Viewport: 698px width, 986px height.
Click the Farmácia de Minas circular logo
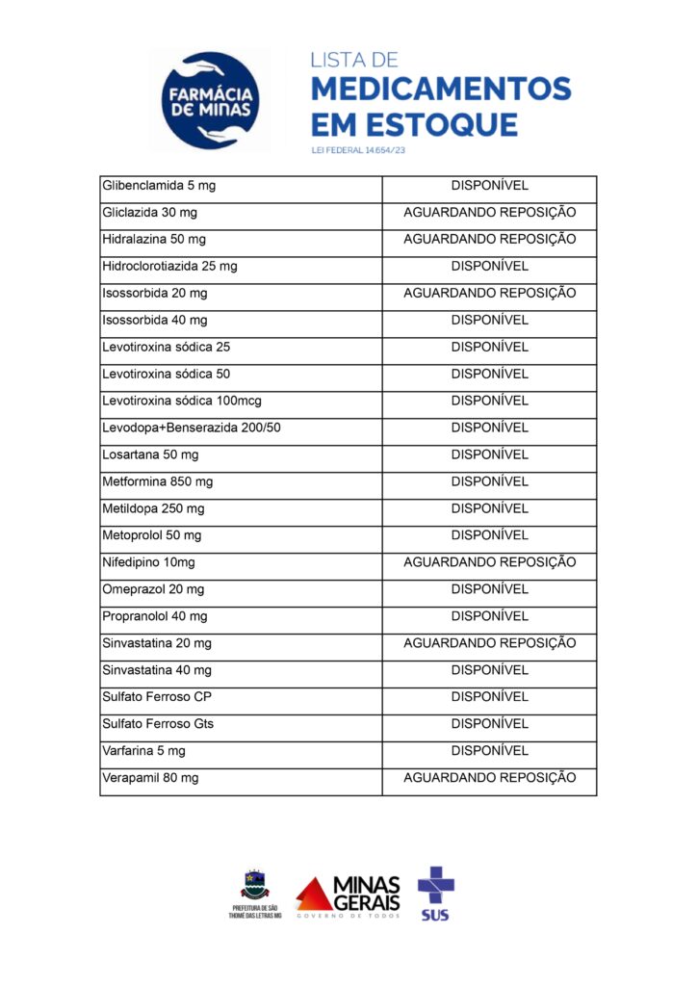tap(210, 100)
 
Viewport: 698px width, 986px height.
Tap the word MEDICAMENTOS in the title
tap(442, 90)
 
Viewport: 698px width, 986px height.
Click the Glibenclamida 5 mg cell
tap(159, 185)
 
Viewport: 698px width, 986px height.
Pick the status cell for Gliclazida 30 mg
tap(489, 212)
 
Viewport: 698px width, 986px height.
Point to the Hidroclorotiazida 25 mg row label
tap(169, 266)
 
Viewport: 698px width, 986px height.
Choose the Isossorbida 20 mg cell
tap(155, 293)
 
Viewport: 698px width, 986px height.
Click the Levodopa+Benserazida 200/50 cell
tap(192, 428)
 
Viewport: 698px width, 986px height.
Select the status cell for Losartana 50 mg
tap(489, 454)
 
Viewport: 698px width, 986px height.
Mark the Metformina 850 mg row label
tap(158, 481)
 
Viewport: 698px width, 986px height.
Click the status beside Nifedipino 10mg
tap(489, 562)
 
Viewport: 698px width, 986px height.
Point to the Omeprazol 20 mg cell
tap(153, 589)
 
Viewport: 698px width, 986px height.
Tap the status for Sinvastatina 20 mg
tap(489, 643)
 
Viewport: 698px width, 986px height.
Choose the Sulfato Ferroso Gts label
tap(158, 723)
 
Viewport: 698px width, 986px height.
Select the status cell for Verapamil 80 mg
tap(489, 777)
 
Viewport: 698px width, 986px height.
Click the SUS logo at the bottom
tap(435, 892)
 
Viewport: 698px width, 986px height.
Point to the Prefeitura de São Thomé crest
tap(255, 884)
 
